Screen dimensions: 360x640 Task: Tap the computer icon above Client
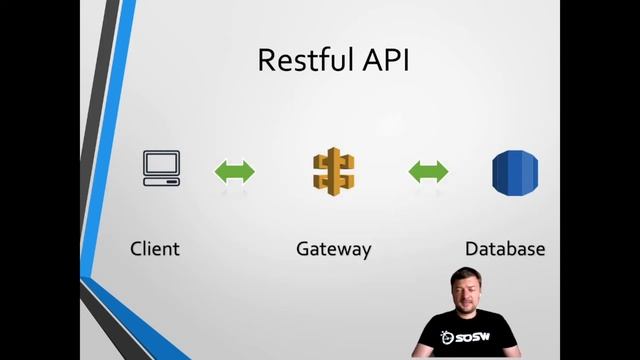(x=161, y=169)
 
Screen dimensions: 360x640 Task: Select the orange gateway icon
(x=334, y=171)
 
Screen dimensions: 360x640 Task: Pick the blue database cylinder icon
(x=515, y=171)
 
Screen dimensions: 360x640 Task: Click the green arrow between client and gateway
(x=235, y=171)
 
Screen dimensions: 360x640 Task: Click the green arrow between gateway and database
(x=429, y=171)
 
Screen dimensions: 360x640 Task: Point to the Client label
(x=155, y=248)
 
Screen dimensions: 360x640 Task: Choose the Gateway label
(x=334, y=248)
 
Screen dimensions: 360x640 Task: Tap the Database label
(x=505, y=248)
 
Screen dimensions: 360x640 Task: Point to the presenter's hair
(x=467, y=272)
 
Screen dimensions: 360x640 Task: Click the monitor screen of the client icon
(x=161, y=163)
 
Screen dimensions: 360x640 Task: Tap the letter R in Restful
(x=267, y=60)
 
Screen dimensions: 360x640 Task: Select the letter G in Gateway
(x=304, y=248)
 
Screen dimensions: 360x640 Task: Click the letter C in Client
(x=137, y=248)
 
